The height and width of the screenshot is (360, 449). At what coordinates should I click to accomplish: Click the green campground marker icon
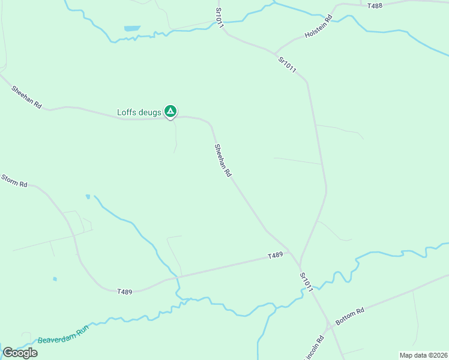[170, 111]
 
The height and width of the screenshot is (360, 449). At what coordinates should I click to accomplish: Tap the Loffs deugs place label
[139, 112]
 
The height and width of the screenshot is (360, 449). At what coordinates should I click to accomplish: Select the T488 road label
[375, 5]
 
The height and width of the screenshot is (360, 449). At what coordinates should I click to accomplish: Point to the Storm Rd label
[14, 181]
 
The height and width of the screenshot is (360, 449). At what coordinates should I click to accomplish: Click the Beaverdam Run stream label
[63, 335]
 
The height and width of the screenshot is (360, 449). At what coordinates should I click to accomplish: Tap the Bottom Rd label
[350, 317]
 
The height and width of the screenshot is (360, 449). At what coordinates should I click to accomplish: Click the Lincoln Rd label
[314, 348]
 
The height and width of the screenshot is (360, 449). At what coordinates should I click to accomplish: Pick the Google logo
[20, 353]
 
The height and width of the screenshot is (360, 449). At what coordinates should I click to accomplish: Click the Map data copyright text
[423, 355]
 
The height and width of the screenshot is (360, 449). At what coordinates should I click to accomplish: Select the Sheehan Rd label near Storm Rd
[26, 97]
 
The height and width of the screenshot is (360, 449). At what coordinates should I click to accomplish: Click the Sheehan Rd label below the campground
[223, 160]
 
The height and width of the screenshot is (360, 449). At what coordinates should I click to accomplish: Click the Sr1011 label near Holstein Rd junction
[288, 65]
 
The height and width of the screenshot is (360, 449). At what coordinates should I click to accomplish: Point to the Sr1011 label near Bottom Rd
[306, 282]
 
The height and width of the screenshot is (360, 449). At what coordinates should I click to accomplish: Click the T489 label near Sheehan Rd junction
[275, 256]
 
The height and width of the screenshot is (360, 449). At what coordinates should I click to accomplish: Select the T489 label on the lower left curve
[125, 292]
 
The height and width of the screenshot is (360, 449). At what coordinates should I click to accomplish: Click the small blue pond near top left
[131, 28]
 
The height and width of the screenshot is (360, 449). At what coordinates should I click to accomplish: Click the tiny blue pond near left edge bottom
[55, 278]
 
